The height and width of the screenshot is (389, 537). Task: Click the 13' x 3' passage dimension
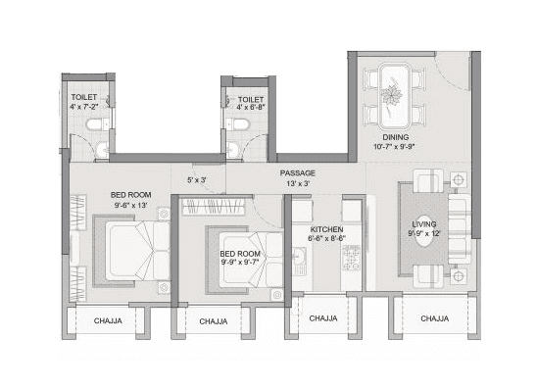point(298,183)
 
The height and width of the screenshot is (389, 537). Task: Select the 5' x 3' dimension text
point(197,179)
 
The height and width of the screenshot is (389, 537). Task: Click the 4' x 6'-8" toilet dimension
point(252,110)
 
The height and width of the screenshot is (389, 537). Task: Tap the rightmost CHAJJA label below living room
point(434,318)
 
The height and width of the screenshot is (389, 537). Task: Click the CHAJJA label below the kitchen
point(323,318)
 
